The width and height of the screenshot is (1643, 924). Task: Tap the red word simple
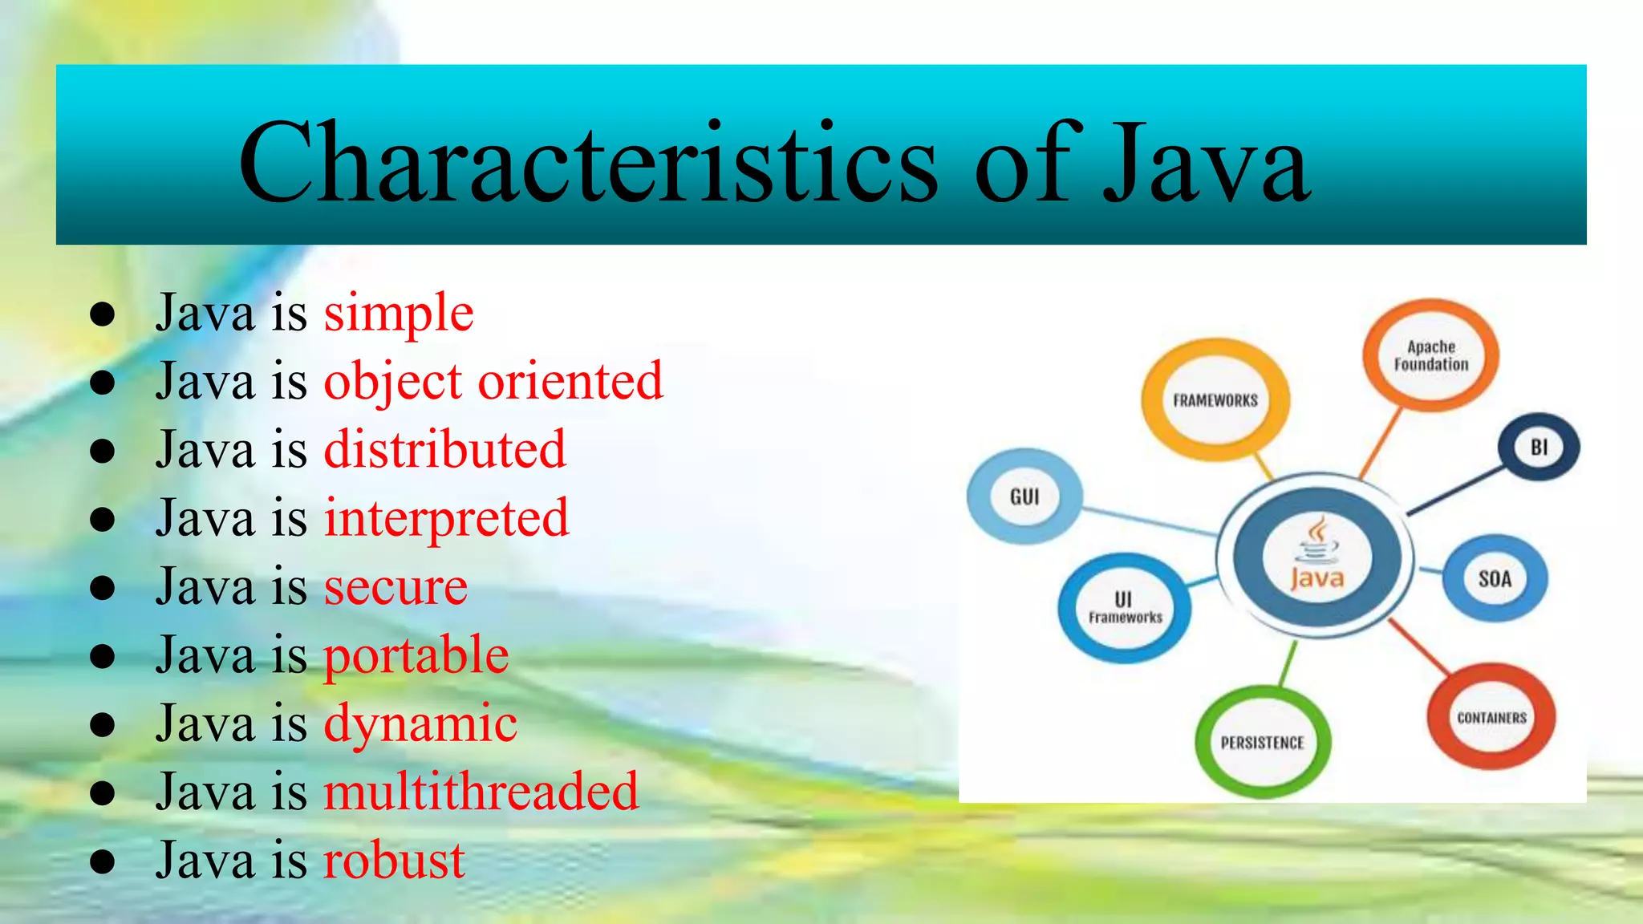399,312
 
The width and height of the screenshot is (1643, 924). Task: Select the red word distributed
445,449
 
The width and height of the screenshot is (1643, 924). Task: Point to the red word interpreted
447,518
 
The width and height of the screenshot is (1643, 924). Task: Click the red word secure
396,586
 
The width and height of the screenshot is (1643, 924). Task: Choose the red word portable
416,655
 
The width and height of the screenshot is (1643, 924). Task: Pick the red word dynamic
420,723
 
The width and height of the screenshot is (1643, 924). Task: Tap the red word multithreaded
481,792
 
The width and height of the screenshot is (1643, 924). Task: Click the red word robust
394,861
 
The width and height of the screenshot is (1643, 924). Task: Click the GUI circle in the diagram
1024,496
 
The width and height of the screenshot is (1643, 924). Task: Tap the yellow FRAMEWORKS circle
1215,399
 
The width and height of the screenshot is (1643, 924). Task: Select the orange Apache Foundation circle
1430,355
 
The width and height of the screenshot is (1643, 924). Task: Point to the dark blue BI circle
1539,447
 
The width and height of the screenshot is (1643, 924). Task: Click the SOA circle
1495,578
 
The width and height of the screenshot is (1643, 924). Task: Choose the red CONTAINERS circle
1491,717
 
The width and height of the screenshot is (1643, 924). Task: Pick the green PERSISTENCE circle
1262,742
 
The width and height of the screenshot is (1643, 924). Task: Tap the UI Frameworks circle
1125,608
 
